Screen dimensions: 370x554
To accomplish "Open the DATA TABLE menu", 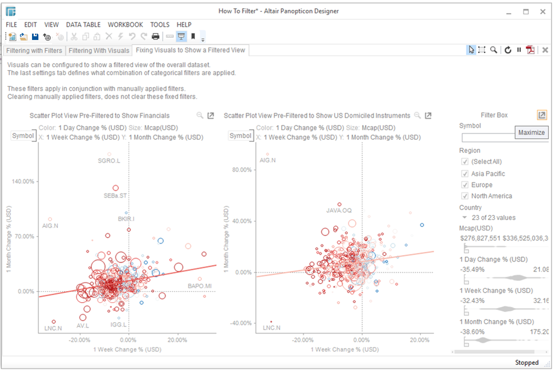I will coord(83,25).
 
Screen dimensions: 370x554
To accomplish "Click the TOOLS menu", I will coord(160,25).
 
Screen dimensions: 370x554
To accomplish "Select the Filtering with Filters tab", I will coord(34,50).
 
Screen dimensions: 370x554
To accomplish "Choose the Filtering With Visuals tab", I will coord(99,50).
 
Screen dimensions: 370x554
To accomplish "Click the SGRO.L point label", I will coord(109,161).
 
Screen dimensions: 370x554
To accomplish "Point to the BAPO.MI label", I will coord(200,286).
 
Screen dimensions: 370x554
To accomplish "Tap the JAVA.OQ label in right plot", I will coord(339,211).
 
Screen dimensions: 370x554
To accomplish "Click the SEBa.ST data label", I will coord(115,196).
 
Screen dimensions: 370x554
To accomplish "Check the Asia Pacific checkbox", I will coord(465,173).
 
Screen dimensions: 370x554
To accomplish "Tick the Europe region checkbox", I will coord(465,185).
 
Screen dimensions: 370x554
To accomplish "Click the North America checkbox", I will coord(465,196).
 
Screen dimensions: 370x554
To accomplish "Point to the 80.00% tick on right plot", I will coord(242,170).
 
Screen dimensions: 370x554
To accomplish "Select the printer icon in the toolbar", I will coord(156,36).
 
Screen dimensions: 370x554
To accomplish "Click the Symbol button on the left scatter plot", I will coord(23,136).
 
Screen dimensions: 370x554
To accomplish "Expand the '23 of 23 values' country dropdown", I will coord(465,218).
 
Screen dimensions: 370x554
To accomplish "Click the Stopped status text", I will coord(527,363).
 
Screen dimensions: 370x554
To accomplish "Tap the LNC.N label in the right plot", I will coord(271,328).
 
